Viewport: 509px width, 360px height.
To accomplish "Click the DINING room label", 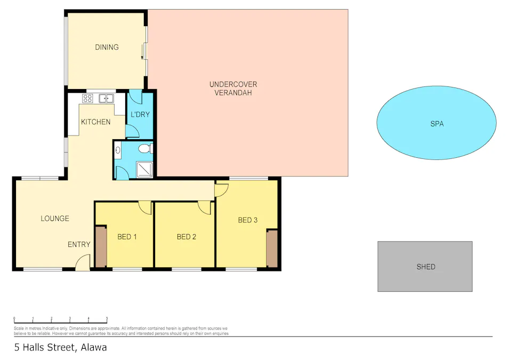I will pyautogui.click(x=107, y=47).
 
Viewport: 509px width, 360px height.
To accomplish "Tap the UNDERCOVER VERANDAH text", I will pyautogui.click(x=233, y=89).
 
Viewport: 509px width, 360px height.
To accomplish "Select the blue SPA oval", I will pyautogui.click(x=437, y=124).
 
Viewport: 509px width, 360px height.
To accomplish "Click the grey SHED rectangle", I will pyautogui.click(x=425, y=266).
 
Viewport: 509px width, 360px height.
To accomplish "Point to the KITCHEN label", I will pyautogui.click(x=95, y=122).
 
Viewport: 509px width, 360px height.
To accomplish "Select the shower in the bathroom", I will pyautogui.click(x=145, y=169).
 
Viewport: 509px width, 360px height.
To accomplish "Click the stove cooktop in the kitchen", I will pyautogui.click(x=88, y=98).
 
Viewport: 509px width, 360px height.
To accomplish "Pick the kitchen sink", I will pyautogui.click(x=106, y=98).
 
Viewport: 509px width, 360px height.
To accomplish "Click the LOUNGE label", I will pyautogui.click(x=55, y=218).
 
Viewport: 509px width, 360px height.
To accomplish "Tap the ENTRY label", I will pyautogui.click(x=79, y=244).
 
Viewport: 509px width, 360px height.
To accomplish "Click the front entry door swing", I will pyautogui.click(x=82, y=262).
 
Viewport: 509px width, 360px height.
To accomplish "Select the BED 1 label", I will pyautogui.click(x=127, y=236).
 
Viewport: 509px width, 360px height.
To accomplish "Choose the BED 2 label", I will pyautogui.click(x=187, y=236).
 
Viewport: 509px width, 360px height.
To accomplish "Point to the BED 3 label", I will pyautogui.click(x=248, y=220).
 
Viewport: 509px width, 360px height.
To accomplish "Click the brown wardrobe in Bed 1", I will pyautogui.click(x=100, y=246).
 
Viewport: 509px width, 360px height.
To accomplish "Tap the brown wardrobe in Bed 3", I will pyautogui.click(x=272, y=248).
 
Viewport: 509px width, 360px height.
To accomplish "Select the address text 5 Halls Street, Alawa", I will pyautogui.click(x=60, y=347).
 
